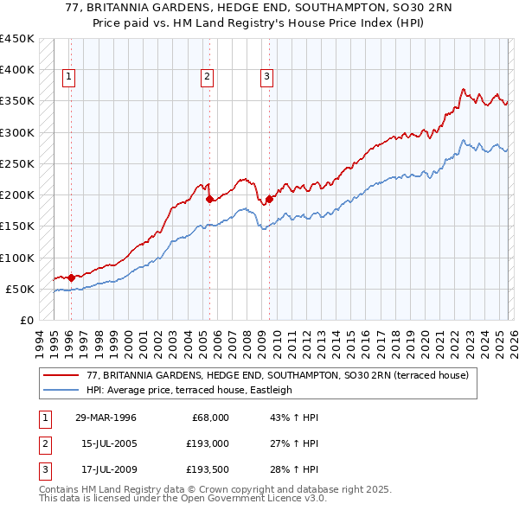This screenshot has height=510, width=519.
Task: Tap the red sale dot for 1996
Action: [x=71, y=277]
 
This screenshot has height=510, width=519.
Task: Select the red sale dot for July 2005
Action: [x=209, y=199]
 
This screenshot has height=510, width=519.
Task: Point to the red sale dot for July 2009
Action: [x=269, y=199]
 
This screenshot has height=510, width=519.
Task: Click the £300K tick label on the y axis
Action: [x=16, y=132]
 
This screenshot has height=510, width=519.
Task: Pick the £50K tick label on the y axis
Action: [x=19, y=289]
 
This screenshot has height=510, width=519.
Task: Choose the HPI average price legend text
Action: [x=189, y=390]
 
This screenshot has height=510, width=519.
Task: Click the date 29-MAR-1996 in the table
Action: [x=106, y=418]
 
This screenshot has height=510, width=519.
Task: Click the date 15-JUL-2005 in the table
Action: [x=106, y=445]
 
